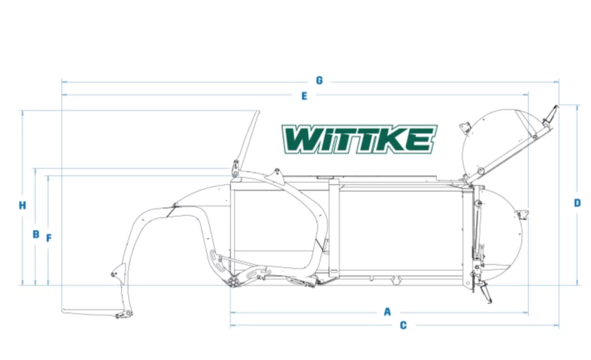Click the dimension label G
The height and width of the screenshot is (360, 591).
[x=319, y=81]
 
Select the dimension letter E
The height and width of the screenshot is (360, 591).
[x=304, y=96]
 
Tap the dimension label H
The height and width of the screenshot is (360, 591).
[x=23, y=205]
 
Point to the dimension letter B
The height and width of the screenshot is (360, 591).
[x=36, y=234]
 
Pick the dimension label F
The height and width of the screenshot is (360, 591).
[x=49, y=238]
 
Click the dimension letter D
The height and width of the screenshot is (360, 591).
[x=577, y=203]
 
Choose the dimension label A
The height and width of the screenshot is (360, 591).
[x=387, y=312]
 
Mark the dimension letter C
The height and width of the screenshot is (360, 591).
[x=403, y=325]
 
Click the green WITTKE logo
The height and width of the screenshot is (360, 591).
[x=359, y=139]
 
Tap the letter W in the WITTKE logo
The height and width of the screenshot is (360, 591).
[x=301, y=139]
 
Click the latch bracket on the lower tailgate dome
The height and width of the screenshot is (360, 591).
[x=522, y=215]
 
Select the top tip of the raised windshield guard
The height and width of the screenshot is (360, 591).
[x=257, y=113]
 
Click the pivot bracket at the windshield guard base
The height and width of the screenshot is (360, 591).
[x=235, y=169]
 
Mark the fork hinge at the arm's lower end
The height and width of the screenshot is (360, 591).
[x=122, y=314]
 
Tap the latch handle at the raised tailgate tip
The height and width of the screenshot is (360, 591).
[x=552, y=113]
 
